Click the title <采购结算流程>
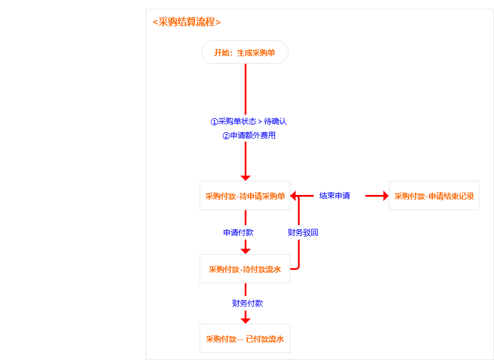[x=186, y=22]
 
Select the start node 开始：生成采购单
[x=245, y=52]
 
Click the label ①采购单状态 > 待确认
[x=249, y=122]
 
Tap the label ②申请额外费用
[x=249, y=136]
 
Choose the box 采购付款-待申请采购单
[x=245, y=196]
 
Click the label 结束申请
[x=334, y=196]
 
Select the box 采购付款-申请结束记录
[x=434, y=196]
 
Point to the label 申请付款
[x=238, y=232]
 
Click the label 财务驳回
[x=303, y=232]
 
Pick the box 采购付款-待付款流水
[x=245, y=269]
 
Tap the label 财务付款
[x=247, y=303]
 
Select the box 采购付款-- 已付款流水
[x=245, y=339]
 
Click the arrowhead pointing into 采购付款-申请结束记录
[x=386, y=196]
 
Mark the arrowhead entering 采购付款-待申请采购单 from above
[x=245, y=177]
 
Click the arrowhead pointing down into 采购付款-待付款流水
[x=245, y=251]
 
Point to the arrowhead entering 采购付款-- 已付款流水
[x=245, y=320]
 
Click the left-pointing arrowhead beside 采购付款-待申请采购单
[x=294, y=196]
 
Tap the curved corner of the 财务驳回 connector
[x=298, y=268]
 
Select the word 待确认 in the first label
[x=275, y=122]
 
